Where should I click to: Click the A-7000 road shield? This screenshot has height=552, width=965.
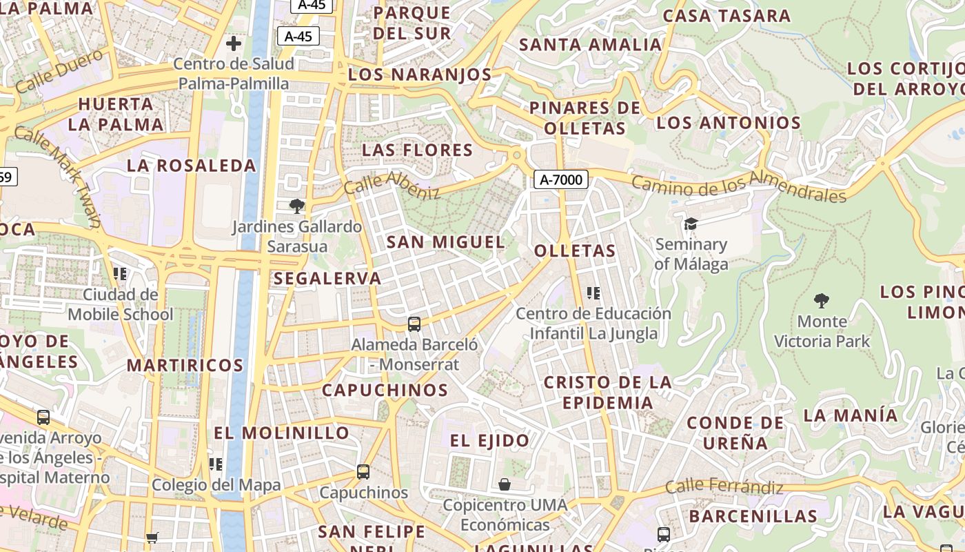click(x=561, y=180)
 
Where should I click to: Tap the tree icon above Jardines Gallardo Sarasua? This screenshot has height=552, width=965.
click(x=297, y=206)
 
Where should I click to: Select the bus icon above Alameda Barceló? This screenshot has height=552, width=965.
click(x=414, y=324)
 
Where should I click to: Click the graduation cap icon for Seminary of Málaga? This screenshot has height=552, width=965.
click(x=691, y=224)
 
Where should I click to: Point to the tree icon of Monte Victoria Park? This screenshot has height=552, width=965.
click(x=821, y=300)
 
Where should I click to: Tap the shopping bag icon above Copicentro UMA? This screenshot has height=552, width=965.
click(x=505, y=484)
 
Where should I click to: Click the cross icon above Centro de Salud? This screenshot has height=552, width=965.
click(x=234, y=43)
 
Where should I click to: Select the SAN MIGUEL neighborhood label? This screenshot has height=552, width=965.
click(x=446, y=242)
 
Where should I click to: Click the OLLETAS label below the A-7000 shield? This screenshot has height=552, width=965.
click(x=575, y=250)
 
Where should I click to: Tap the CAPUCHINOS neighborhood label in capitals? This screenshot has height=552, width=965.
click(x=385, y=390)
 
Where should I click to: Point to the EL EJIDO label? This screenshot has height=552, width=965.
click(x=490, y=440)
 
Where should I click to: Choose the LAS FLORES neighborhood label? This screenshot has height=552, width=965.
click(x=418, y=150)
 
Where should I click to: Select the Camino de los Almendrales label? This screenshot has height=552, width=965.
click(x=738, y=188)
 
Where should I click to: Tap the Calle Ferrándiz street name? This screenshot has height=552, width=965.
click(x=724, y=487)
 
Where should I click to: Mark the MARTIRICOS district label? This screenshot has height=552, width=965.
click(x=185, y=365)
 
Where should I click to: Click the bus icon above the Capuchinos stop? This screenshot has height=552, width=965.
click(x=363, y=472)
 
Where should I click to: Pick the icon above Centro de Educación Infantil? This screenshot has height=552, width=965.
click(x=593, y=293)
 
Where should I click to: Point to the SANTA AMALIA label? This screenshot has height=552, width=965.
click(x=590, y=45)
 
